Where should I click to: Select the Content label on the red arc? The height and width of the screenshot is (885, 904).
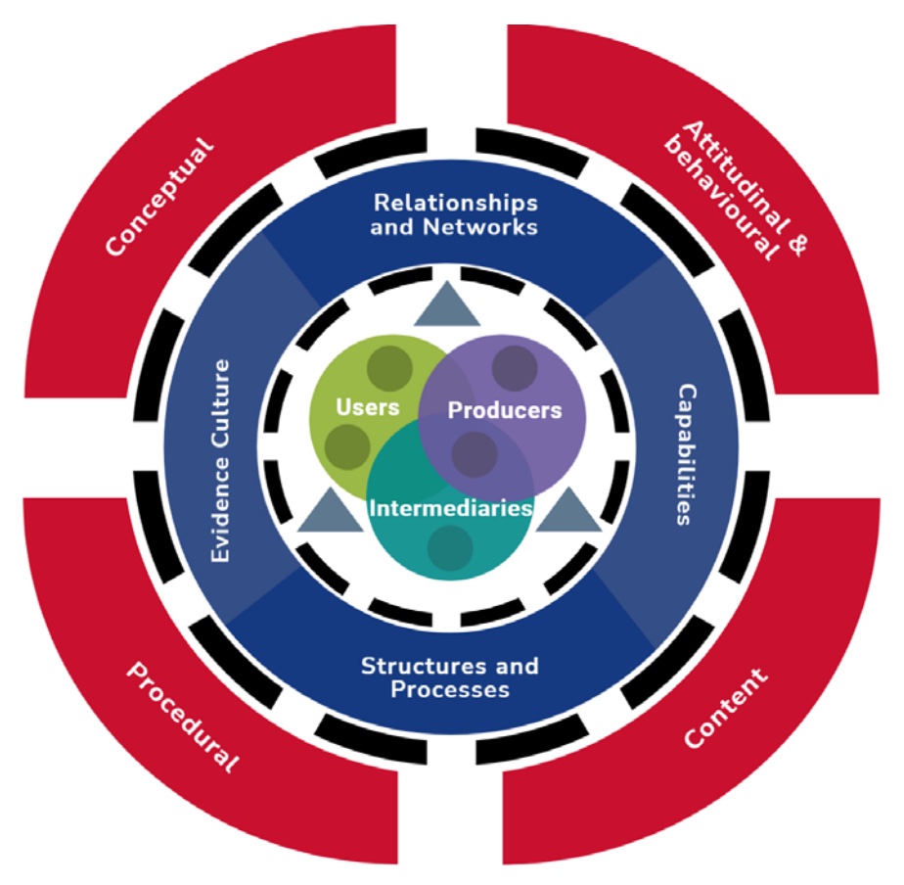pyautogui.click(x=726, y=708)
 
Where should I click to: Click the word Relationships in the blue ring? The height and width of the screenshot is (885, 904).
pyautogui.click(x=456, y=203)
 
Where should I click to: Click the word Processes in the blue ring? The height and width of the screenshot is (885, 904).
pyautogui.click(x=450, y=689)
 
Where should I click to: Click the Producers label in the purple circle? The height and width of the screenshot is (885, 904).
pyautogui.click(x=505, y=409)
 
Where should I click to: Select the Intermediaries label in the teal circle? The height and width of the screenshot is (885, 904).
pyautogui.click(x=450, y=509)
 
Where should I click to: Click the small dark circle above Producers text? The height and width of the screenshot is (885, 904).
pyautogui.click(x=513, y=367)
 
